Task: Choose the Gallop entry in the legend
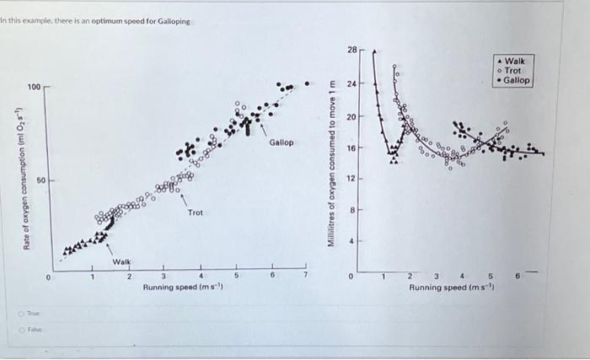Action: (x=516, y=80)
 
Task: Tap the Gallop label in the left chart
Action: (x=282, y=142)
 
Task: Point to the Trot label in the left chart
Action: (x=196, y=213)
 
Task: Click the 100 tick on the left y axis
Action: (x=33, y=88)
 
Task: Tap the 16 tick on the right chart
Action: (x=351, y=147)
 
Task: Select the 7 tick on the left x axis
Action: (x=308, y=277)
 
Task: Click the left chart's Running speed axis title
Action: (x=183, y=287)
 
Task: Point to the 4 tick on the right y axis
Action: (x=352, y=241)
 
